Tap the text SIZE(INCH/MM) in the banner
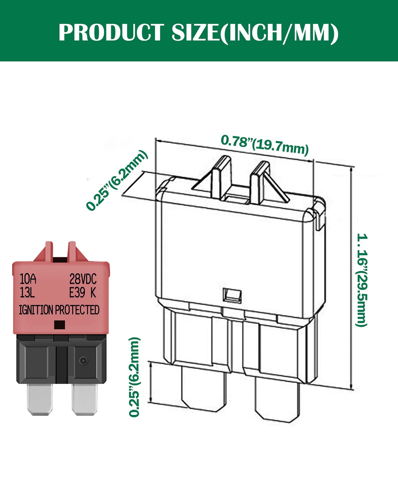[x=255, y=33]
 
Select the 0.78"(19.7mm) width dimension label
[x=264, y=145]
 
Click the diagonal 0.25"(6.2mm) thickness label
[x=117, y=181]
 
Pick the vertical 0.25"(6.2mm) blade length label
[x=134, y=377]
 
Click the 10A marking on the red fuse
[x=28, y=279]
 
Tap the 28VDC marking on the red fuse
[x=83, y=279]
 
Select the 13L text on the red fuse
[x=27, y=293]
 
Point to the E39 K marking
[x=83, y=293]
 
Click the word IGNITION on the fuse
[x=36, y=310]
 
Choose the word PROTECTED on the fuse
[x=77, y=310]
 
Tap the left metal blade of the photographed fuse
[x=40, y=399]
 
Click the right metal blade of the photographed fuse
[x=84, y=399]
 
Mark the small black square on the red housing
[x=59, y=325]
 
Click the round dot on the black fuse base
[x=83, y=361]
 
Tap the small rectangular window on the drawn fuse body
[x=232, y=295]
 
